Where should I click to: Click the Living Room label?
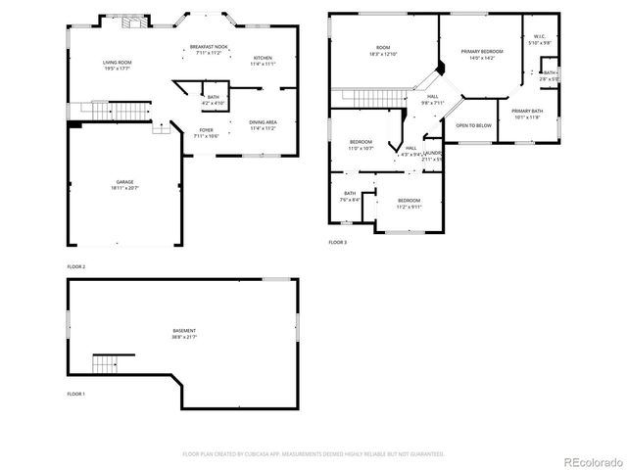(117, 66)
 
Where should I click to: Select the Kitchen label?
(263, 61)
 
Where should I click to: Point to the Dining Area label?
(263, 124)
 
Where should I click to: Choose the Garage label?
(124, 184)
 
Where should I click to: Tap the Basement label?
(184, 334)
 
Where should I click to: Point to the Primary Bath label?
(526, 114)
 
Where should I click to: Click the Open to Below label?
(473, 125)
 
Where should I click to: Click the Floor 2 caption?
(75, 266)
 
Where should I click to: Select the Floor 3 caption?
(337, 242)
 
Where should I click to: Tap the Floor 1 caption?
(75, 393)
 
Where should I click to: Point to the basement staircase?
(105, 364)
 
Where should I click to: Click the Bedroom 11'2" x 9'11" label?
(409, 203)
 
